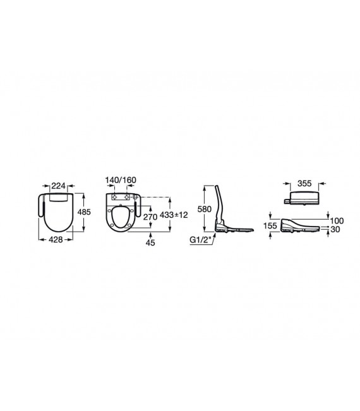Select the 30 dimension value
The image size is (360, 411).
[x=335, y=230]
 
